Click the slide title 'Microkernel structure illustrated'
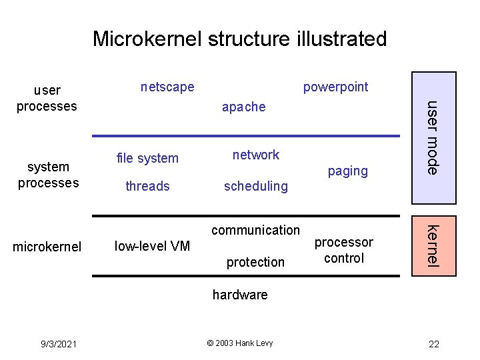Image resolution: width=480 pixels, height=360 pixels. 239,39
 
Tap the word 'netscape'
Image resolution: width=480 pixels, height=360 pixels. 167,87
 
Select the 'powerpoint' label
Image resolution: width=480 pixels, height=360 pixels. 335,87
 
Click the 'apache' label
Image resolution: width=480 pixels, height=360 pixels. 243,107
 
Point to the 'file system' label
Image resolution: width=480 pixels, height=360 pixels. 147,158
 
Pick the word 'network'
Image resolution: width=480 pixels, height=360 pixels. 255,155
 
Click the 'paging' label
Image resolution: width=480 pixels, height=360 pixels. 347,171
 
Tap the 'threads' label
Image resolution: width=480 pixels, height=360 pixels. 147,186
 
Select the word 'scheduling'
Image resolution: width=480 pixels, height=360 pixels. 255,186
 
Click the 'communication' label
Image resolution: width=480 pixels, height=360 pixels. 255,230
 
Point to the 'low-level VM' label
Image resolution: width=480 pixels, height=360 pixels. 153,246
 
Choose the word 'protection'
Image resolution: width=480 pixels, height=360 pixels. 255,262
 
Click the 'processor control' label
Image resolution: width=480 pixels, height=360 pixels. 344,250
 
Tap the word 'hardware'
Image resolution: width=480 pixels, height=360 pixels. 240,294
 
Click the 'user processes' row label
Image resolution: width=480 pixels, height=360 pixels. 47,98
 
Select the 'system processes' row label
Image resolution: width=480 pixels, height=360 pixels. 48,175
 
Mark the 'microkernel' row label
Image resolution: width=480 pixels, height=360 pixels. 47,247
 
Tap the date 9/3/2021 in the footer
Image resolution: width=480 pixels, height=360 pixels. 58,344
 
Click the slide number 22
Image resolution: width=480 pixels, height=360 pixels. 434,344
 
